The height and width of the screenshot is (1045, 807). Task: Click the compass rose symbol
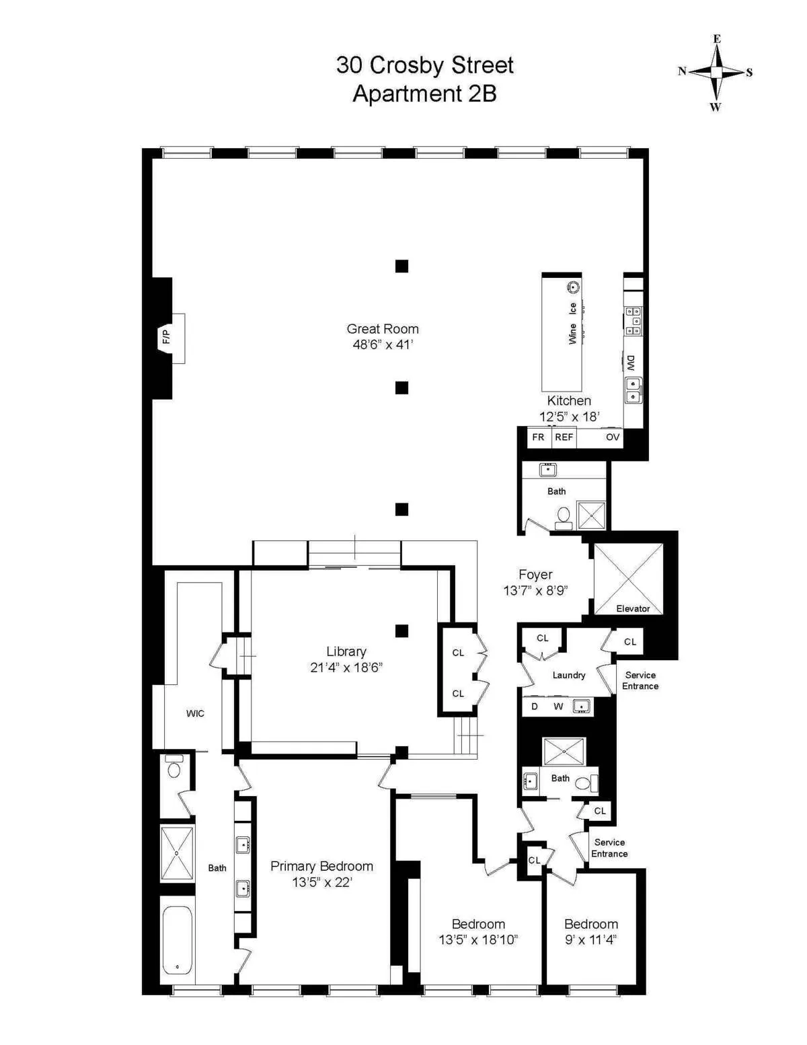tap(717, 72)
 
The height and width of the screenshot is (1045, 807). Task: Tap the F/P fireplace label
tap(165, 337)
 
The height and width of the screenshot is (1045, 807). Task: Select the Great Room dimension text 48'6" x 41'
tap(383, 345)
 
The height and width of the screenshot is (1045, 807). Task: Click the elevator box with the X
tap(629, 578)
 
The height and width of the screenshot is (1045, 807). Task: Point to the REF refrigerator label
tap(564, 437)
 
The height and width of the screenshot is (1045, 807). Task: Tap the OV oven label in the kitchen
tap(612, 437)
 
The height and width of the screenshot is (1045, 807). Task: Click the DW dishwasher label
tap(631, 363)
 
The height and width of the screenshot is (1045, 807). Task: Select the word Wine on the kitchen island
tap(572, 334)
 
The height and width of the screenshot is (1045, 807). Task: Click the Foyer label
tap(535, 575)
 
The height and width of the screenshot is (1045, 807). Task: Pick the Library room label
tap(346, 651)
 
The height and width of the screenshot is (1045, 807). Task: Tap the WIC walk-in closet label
tap(195, 713)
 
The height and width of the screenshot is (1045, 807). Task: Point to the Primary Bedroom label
tap(321, 866)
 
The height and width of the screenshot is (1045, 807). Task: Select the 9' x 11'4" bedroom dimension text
tap(591, 940)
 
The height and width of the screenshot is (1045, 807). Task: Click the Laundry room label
tap(569, 675)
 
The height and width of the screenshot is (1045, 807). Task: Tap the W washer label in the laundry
tap(558, 707)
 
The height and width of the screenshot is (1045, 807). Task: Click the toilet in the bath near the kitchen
tap(564, 516)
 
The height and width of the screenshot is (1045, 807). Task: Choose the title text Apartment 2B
tap(424, 94)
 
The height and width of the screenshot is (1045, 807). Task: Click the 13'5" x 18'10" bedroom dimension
tap(478, 940)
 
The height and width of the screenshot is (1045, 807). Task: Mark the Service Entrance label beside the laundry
tap(640, 680)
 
